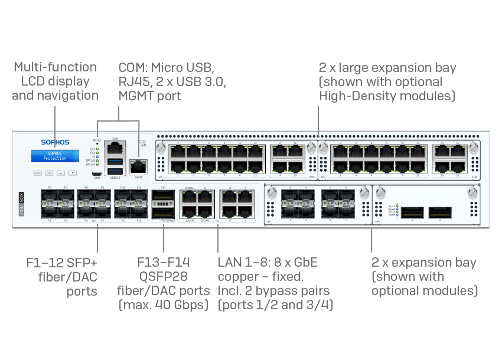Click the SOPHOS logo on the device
pyautogui.click(x=55, y=142)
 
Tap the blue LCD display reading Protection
pyautogui.click(x=55, y=156)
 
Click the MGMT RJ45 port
pyautogui.click(x=138, y=166)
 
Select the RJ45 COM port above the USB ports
pyautogui.click(x=113, y=147)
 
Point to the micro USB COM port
pyautogui.click(x=96, y=174)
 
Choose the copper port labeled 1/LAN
pyautogui.click(x=190, y=212)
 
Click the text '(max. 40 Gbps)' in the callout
pyautogui.click(x=164, y=305)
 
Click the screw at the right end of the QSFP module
pyautogui.click(x=471, y=194)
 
